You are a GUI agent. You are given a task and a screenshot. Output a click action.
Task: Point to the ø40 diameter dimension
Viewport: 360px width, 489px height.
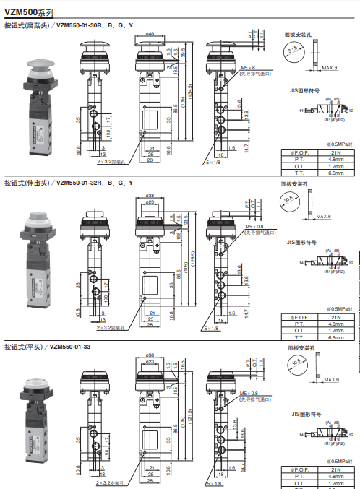click(x=150, y=33)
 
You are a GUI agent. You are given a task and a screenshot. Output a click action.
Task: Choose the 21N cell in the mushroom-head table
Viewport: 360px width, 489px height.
click(x=335, y=152)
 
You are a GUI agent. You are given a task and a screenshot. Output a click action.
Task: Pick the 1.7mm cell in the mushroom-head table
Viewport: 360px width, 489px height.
click(x=335, y=166)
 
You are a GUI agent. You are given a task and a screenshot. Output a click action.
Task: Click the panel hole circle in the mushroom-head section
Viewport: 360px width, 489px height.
click(x=292, y=51)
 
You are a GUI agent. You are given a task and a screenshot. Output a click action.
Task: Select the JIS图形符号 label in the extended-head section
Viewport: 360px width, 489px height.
click(x=303, y=241)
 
